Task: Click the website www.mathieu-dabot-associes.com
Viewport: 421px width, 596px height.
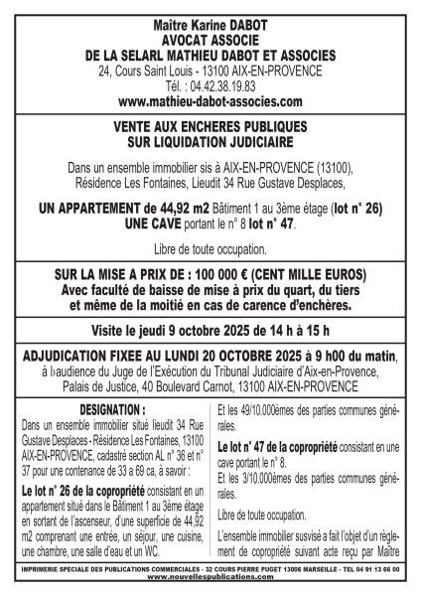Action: pos(210,101)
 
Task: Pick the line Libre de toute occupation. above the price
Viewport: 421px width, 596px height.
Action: pos(210,248)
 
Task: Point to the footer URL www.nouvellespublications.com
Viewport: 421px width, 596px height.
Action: pos(210,586)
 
